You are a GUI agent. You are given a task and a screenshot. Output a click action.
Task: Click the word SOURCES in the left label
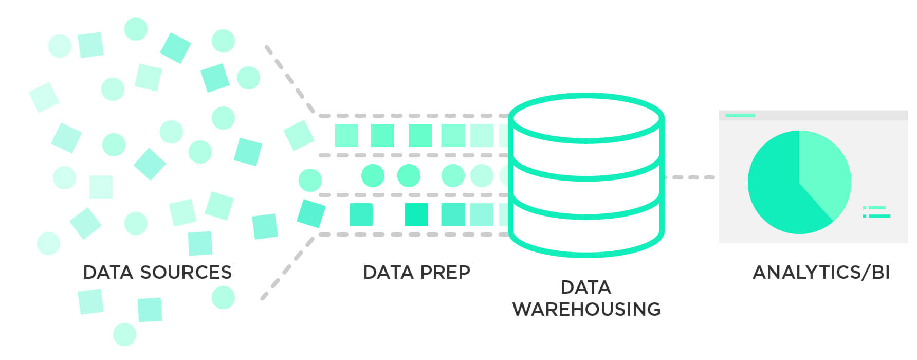[x=186, y=272]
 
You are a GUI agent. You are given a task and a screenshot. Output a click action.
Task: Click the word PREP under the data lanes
[x=445, y=272]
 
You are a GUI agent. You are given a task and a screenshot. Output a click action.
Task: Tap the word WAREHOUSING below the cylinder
[x=586, y=309]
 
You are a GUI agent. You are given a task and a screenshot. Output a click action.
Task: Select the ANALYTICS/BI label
[x=821, y=272]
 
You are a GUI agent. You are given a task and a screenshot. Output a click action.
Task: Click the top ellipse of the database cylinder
[x=586, y=118]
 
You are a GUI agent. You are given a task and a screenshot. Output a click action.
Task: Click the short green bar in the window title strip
[x=740, y=115]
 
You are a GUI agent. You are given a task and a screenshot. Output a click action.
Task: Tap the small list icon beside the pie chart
[x=876, y=212]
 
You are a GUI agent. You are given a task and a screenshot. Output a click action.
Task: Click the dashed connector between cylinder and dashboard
[x=689, y=177]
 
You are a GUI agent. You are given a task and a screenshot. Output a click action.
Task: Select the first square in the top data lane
[x=346, y=135]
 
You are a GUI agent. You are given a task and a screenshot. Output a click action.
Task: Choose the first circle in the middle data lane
[x=373, y=175]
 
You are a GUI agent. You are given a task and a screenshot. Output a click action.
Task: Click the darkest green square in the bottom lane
[x=416, y=215]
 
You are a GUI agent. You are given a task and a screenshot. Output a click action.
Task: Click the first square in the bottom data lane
[x=361, y=215]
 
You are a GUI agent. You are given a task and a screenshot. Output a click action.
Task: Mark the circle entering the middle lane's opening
[x=310, y=180]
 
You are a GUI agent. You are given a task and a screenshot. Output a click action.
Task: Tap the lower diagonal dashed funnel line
[x=287, y=268]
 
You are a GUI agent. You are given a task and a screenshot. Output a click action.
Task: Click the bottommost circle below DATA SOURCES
[x=124, y=334]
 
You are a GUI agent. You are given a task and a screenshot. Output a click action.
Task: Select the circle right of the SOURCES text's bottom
[x=223, y=297]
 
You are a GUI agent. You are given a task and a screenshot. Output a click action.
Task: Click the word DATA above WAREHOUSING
[x=585, y=287]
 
